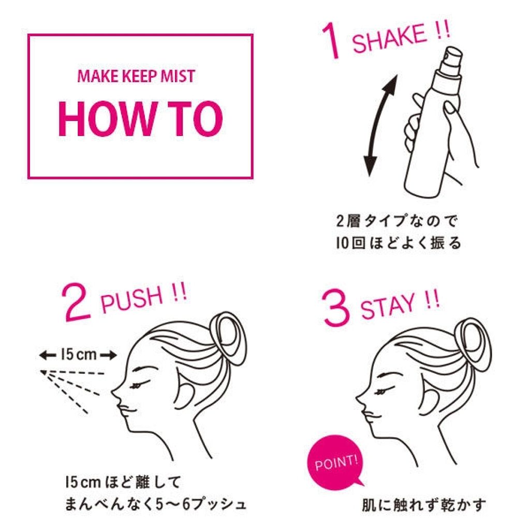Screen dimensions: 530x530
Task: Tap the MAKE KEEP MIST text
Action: point(136,77)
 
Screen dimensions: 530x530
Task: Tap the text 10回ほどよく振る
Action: point(397,243)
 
